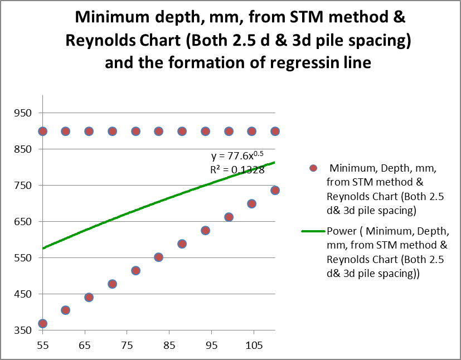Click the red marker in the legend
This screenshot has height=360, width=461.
pos(313,168)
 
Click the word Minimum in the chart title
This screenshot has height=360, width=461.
pos(109,18)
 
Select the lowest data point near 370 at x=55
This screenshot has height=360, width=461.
pos(42,324)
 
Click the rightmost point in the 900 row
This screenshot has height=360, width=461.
pos(275,131)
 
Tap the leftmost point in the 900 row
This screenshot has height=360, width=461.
pos(42,131)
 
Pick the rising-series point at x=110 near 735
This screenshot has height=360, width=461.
pos(275,191)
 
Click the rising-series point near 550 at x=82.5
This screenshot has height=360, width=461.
pos(158,257)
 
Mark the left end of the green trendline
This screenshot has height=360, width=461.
pos(43,248)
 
